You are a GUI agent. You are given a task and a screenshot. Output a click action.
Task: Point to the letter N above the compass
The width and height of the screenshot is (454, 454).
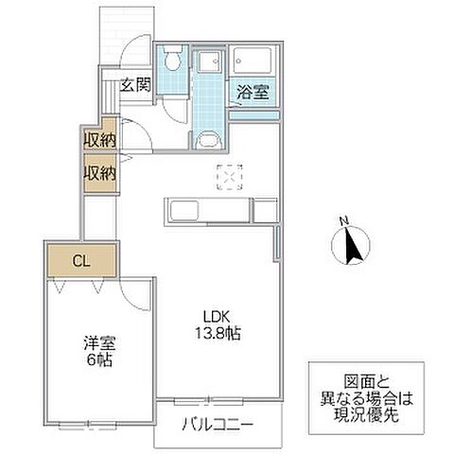[345, 223]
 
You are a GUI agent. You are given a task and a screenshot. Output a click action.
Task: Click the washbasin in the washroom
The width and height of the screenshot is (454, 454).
[208, 142]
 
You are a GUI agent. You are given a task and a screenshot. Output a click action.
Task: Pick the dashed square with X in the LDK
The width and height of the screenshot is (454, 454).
[230, 177]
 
